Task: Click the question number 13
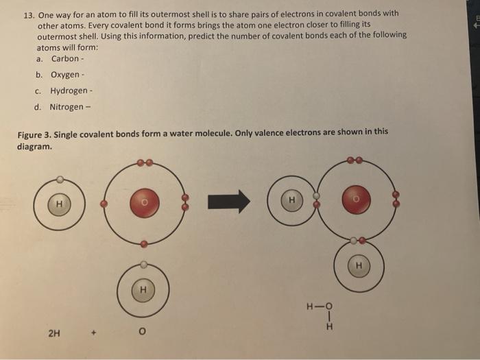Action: coord(28,14)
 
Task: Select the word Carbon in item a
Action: coord(65,58)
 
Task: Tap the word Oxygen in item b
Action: coord(65,75)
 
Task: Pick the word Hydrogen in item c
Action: coord(69,91)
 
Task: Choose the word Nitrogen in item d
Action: coord(67,107)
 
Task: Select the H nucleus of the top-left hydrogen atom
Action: coord(60,203)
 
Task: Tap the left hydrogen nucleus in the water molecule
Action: coord(292,200)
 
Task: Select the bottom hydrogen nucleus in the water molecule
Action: coord(357,264)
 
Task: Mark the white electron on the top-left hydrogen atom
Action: coord(60,179)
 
